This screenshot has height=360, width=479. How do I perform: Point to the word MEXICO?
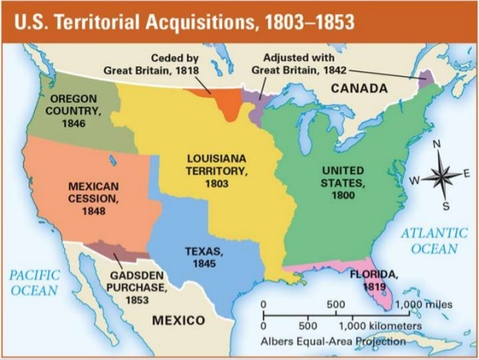pos(178,321)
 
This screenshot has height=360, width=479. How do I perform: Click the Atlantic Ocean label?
pos(434,240)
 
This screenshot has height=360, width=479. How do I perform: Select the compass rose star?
pos(442,177)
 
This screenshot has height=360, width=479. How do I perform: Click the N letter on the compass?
pos(438,144)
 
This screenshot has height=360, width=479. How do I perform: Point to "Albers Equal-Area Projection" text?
pos(334,341)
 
